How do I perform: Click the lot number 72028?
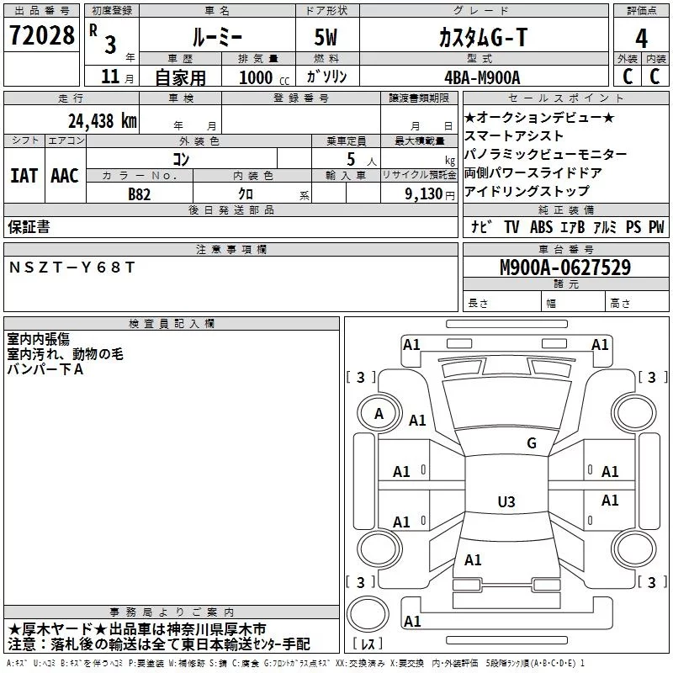click(x=41, y=35)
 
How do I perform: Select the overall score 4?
click(x=641, y=38)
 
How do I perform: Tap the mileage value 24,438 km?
click(x=102, y=121)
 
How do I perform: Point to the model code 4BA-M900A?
click(x=482, y=77)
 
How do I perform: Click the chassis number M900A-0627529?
click(x=565, y=268)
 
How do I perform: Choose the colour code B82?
click(x=140, y=194)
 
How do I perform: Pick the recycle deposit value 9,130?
click(x=424, y=194)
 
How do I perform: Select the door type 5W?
click(x=326, y=37)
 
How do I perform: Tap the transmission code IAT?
click(x=24, y=176)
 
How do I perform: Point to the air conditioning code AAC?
click(x=65, y=176)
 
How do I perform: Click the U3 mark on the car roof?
click(x=506, y=501)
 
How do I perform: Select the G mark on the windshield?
click(x=532, y=442)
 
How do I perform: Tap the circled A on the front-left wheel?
click(x=379, y=414)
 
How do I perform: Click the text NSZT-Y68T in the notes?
click(x=72, y=268)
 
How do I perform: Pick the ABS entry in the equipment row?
click(x=541, y=226)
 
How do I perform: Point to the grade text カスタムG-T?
click(x=483, y=37)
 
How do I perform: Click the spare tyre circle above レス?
click(x=368, y=614)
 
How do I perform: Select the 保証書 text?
click(x=29, y=226)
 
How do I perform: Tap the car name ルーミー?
click(x=217, y=37)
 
